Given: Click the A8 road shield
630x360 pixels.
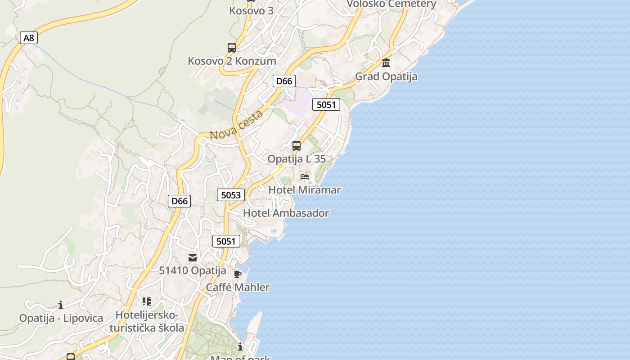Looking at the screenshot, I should [28, 38].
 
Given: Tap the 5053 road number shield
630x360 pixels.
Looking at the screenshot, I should [231, 195].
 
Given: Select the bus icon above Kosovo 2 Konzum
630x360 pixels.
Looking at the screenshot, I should [231, 48].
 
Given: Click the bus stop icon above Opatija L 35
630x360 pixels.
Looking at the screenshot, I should [296, 146].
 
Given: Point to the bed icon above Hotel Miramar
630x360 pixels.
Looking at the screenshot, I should [305, 177].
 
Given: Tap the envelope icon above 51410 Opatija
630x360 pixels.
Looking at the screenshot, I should [193, 258].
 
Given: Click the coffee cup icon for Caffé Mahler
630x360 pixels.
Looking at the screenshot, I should [238, 274].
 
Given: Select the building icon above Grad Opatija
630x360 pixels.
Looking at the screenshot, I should [386, 63].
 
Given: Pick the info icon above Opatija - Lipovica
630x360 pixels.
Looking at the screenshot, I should [61, 305].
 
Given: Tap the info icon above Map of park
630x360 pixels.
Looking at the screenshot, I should [240, 346].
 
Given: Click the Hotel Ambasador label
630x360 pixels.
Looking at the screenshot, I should [286, 213].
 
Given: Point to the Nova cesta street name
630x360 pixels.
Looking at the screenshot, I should [236, 125].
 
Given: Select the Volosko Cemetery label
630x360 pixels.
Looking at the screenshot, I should [391, 4].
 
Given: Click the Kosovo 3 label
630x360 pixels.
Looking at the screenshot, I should [251, 10].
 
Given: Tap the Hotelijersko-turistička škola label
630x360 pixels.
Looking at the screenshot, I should [147, 321].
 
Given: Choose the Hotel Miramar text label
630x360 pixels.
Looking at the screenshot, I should [304, 190].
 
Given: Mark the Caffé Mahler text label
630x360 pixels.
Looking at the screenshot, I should [238, 287].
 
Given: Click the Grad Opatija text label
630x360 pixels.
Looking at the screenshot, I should [386, 76].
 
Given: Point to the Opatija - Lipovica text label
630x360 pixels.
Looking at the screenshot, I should [61, 318].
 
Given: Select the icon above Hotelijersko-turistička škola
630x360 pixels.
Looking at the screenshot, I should [146, 301].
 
